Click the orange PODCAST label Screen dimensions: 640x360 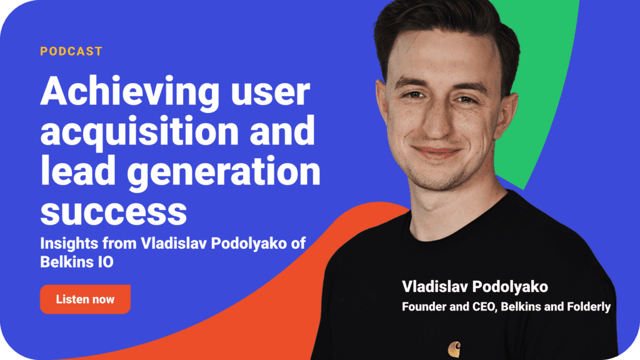click(71, 51)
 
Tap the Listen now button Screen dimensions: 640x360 click(85, 299)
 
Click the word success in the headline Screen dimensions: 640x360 click(114, 212)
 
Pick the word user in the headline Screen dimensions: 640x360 click(270, 93)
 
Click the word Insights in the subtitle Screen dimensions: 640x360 click(69, 244)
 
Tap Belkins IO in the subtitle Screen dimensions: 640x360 click(77, 262)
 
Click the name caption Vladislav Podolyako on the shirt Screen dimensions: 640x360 click(475, 286)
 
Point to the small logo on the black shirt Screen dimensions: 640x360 click(454, 349)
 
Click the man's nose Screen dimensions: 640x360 click(436, 122)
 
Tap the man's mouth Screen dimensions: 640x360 click(436, 152)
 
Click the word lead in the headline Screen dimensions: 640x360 click(77, 171)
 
